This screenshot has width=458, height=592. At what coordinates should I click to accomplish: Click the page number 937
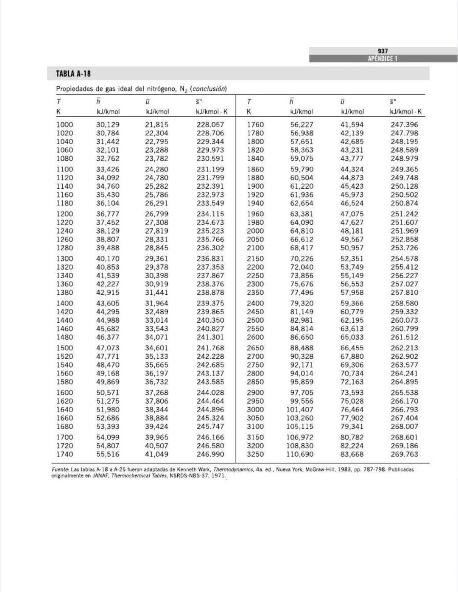click(x=383, y=51)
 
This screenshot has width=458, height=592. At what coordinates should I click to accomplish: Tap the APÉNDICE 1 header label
click(x=383, y=59)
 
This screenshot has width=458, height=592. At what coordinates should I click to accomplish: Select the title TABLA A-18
click(x=73, y=74)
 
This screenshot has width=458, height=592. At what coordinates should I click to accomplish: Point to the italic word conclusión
click(x=208, y=89)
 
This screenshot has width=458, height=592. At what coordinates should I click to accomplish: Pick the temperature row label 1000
click(x=64, y=125)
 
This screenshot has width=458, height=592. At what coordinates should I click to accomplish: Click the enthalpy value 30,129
click(x=108, y=125)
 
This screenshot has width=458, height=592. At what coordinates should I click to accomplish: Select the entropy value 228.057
click(x=210, y=125)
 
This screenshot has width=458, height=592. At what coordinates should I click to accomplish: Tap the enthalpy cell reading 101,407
click(x=299, y=410)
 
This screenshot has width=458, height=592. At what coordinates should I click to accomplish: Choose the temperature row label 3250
click(x=255, y=454)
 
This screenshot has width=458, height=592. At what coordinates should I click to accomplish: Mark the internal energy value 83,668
click(x=352, y=454)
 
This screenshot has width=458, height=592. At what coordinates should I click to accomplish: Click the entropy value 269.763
click(x=404, y=454)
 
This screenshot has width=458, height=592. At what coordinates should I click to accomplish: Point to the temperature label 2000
click(x=255, y=231)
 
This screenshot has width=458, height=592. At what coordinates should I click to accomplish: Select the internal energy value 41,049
click(x=156, y=454)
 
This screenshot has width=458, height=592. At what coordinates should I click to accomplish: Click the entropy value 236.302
click(x=210, y=248)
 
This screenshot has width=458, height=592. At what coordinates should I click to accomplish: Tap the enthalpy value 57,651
click(x=302, y=142)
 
